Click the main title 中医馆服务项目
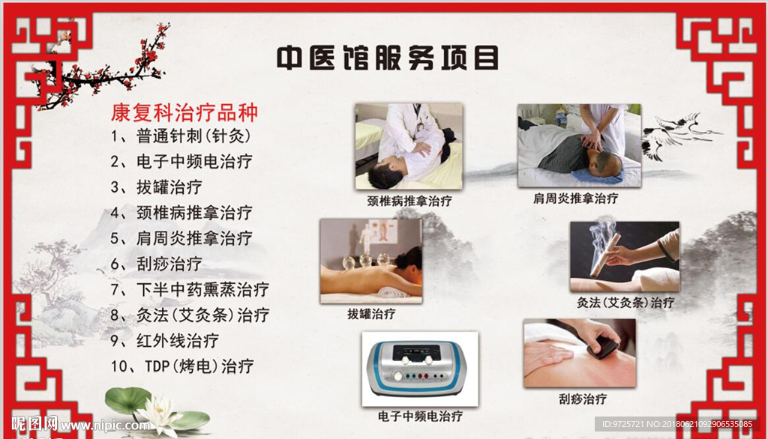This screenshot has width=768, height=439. click(x=388, y=58)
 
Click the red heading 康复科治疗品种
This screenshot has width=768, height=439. click(x=184, y=112)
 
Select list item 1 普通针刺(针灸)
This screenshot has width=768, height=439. click(x=181, y=136)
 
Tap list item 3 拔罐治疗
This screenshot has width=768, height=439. click(x=156, y=187)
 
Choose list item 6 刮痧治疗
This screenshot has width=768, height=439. click(x=156, y=264)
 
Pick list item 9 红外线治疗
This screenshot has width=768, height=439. click(x=164, y=341)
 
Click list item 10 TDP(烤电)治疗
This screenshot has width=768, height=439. click(x=182, y=366)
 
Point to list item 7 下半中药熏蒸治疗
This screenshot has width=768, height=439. click(x=190, y=289)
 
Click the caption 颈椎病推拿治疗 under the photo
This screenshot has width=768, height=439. click(x=409, y=201)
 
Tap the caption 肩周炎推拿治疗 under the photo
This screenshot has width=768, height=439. click(x=575, y=199)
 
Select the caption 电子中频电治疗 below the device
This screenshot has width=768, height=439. click(x=420, y=416)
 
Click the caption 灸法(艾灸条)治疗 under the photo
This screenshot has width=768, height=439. click(x=625, y=303)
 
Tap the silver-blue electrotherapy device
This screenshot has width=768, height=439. click(x=417, y=368)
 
